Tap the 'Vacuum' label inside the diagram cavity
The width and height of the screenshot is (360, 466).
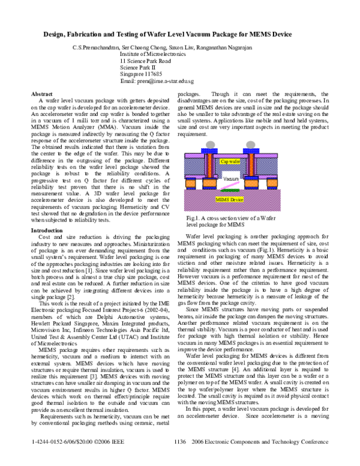pyautogui.click(x=231, y=179)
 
